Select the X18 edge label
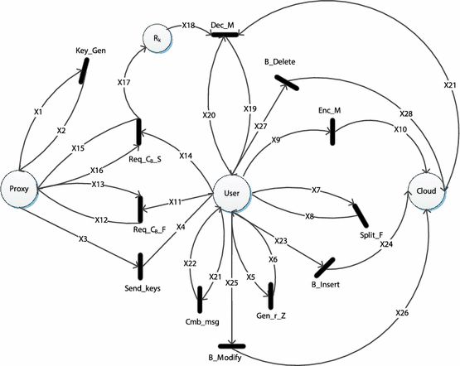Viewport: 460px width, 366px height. pos(187,26)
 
